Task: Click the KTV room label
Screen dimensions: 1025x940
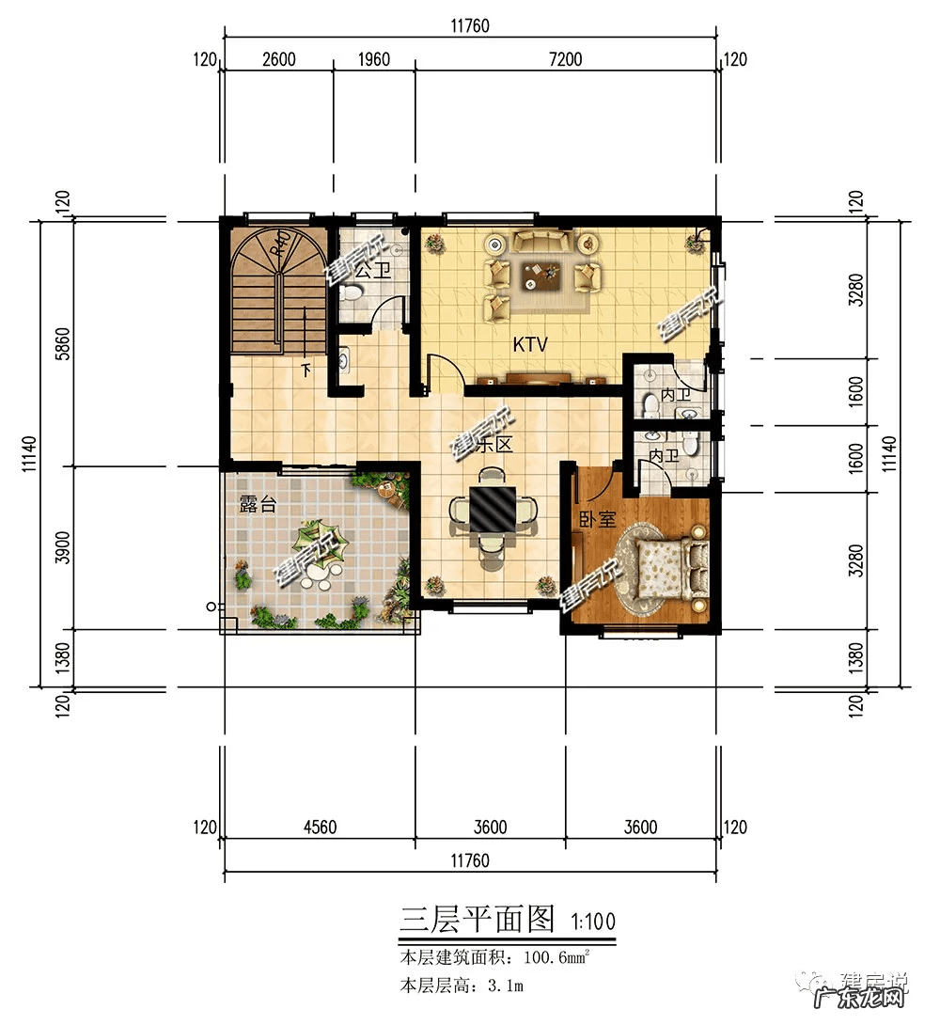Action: pyautogui.click(x=529, y=345)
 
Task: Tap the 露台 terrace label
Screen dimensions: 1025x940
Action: pyautogui.click(x=258, y=505)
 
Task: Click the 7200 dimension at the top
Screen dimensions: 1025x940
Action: pyautogui.click(x=565, y=59)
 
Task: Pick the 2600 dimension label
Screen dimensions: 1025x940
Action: pyautogui.click(x=278, y=59)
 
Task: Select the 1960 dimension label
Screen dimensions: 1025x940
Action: pyautogui.click(x=373, y=59)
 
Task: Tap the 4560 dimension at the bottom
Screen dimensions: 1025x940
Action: pyautogui.click(x=320, y=828)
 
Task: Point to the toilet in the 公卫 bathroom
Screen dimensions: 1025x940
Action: pyautogui.click(x=351, y=292)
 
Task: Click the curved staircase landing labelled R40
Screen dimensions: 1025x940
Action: pyautogui.click(x=278, y=251)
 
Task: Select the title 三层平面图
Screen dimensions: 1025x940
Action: pyautogui.click(x=478, y=919)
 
